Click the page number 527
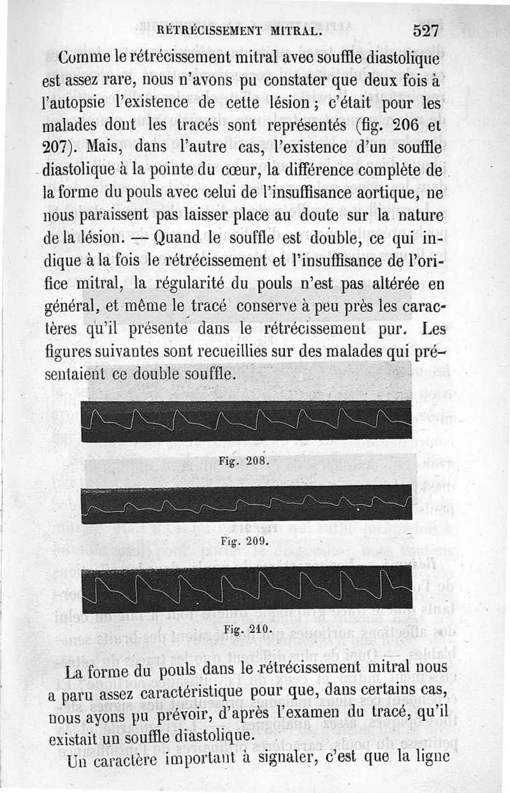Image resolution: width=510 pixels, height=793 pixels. tap(429, 30)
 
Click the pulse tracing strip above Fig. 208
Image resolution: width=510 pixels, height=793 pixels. tap(247, 421)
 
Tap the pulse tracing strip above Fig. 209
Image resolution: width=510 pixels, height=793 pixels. tap(247, 504)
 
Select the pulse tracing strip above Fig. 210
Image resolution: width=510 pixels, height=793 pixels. tap(247, 588)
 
